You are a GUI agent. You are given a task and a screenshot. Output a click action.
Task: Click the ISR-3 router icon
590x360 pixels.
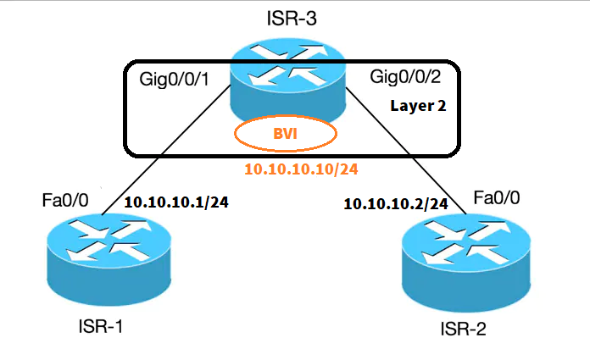tap(292, 80)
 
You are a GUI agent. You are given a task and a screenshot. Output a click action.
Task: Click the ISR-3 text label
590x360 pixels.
tap(292, 18)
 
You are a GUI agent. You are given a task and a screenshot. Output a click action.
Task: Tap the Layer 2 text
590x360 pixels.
tap(418, 108)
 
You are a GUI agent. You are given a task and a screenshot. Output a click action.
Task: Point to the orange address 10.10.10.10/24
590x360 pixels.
tap(301, 169)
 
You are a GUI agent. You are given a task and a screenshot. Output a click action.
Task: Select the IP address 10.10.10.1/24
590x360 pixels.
tap(178, 202)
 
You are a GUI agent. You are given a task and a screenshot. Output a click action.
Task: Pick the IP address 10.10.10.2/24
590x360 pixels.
tap(395, 204)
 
